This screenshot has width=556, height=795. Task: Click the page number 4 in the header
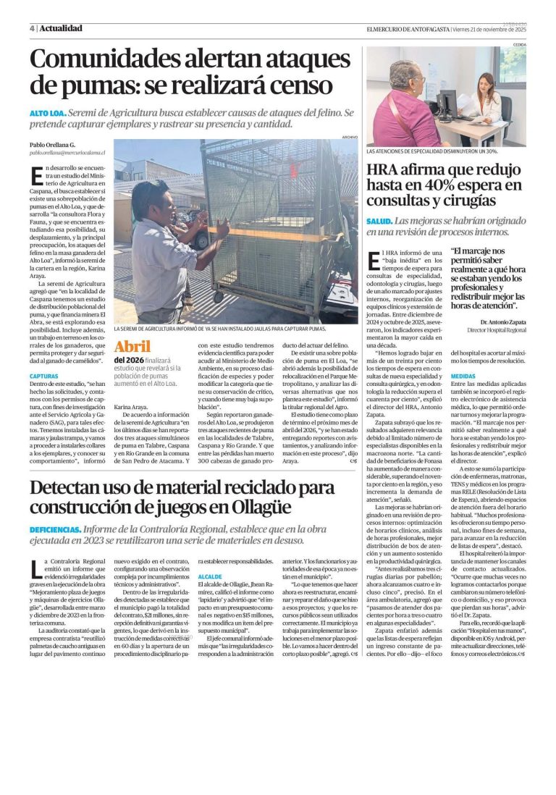point(32,28)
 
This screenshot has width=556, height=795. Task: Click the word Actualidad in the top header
point(61,28)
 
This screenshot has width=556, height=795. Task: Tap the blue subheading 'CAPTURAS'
point(44,376)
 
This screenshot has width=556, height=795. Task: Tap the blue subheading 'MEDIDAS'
point(463,377)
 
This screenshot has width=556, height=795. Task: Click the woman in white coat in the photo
point(485,101)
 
